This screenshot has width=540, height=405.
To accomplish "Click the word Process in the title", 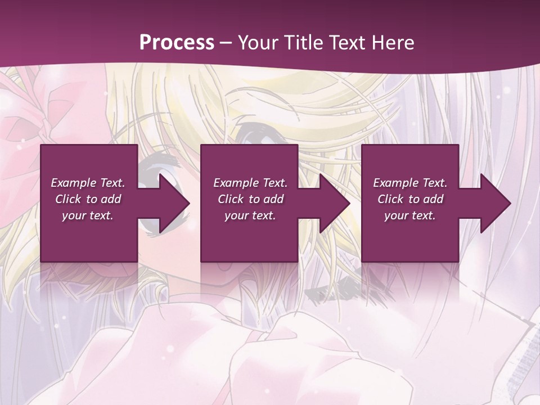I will point(177,43).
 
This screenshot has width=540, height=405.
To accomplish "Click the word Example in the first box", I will point(73,183).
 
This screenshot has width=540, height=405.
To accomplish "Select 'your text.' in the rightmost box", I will point(409,215).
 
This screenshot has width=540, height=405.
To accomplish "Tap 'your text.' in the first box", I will point(87,215).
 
